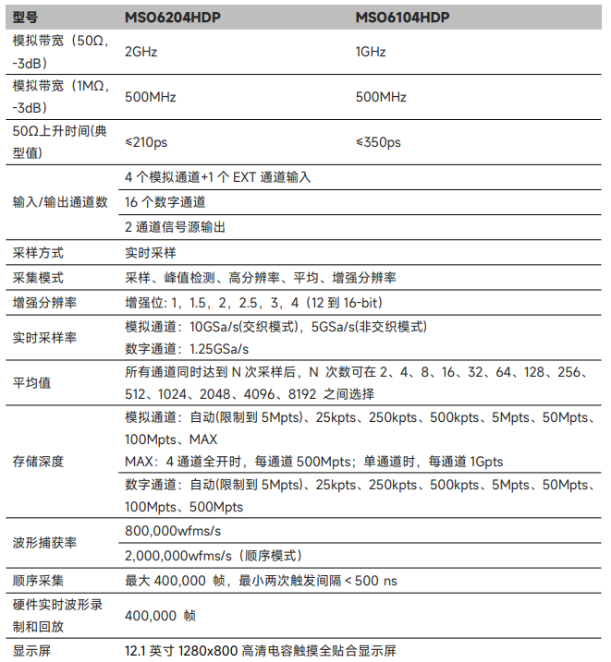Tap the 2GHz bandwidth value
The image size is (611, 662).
pyautogui.click(x=141, y=52)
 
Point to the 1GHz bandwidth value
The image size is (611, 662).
pyautogui.click(x=371, y=52)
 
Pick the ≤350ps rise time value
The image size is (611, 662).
pyautogui.click(x=378, y=143)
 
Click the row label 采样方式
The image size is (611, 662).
pyautogui.click(x=38, y=252)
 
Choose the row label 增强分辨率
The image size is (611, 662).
pyautogui.click(x=44, y=303)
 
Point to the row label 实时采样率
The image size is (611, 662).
pyautogui.click(x=44, y=338)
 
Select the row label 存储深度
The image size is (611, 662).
pyautogui.click(x=38, y=462)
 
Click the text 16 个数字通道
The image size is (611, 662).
pyautogui.click(x=165, y=201)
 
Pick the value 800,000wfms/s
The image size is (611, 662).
pyautogui.click(x=173, y=530)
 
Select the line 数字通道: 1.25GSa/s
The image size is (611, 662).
pyautogui.click(x=187, y=349)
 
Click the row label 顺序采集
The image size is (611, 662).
pyautogui.click(x=38, y=581)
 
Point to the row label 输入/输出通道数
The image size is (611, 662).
pyautogui.click(x=61, y=201)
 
